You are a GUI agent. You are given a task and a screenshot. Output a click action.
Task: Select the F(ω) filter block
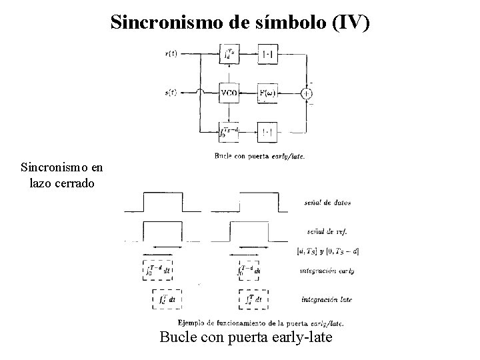click(267, 93)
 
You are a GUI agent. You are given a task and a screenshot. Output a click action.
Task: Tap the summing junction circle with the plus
click(307, 93)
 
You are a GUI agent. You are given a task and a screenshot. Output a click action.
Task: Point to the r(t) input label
click(171, 53)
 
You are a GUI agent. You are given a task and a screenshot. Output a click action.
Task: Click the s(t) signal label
click(171, 93)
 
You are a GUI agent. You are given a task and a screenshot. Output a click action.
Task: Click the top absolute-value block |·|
click(267, 53)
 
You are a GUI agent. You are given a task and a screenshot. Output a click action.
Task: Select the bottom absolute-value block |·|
click(267, 133)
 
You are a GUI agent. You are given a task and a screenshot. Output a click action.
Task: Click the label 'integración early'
click(327, 272)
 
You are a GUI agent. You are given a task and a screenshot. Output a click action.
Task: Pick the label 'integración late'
click(327, 299)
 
